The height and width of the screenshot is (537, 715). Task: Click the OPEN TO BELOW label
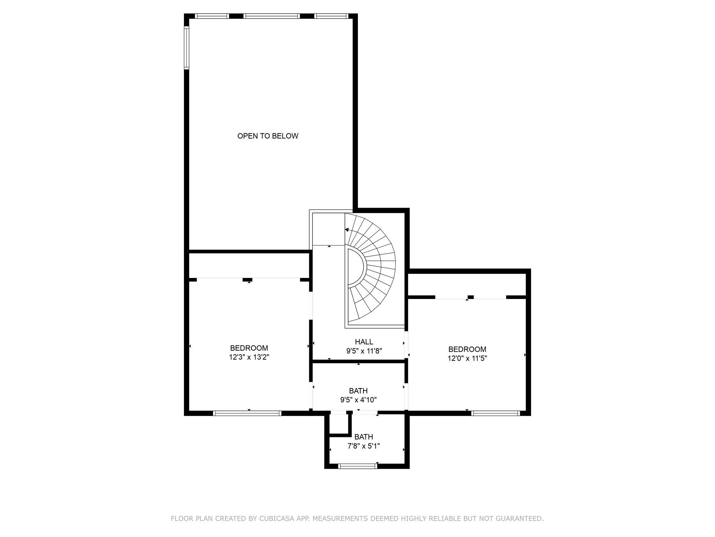click(x=268, y=136)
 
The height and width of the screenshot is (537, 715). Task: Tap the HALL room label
click(x=364, y=342)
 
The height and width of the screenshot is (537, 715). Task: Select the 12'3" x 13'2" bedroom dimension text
click(x=249, y=357)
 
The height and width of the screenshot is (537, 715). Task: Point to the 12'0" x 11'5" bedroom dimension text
click(x=467, y=358)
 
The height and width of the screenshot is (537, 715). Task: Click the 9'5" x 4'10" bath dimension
click(x=358, y=400)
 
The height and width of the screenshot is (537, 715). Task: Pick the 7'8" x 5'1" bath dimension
click(x=363, y=446)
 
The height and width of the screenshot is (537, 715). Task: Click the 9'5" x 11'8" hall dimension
click(x=364, y=351)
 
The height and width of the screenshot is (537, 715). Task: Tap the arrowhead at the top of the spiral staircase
click(x=347, y=230)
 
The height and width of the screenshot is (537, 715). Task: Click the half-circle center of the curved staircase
click(x=356, y=267)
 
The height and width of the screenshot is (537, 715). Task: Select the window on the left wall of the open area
click(x=186, y=48)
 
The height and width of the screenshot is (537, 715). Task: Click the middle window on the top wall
click(x=272, y=16)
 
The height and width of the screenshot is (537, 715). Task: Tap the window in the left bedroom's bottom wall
click(x=247, y=413)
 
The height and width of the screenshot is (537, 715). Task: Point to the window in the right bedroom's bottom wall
click(x=495, y=413)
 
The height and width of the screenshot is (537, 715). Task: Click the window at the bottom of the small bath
click(x=358, y=466)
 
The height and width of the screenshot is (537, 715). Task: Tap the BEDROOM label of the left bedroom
click(x=249, y=348)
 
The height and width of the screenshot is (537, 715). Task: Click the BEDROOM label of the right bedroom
click(x=467, y=349)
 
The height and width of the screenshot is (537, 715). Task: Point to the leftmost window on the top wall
click(x=212, y=16)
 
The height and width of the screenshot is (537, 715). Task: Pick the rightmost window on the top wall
click(x=331, y=16)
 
